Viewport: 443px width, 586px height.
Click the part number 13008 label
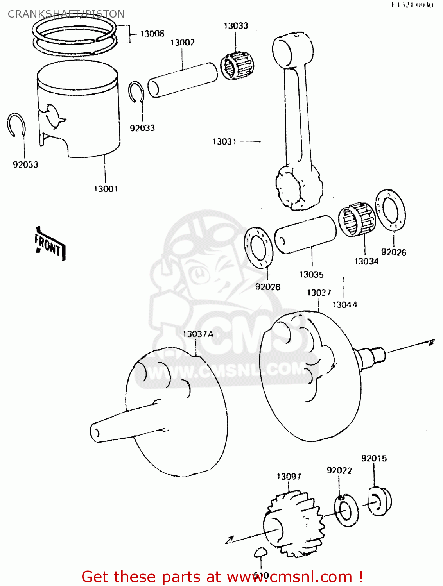(x=152, y=34)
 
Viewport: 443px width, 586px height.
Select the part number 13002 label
(x=182, y=42)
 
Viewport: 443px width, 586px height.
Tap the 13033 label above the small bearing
(x=236, y=26)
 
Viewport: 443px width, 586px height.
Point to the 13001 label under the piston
(x=106, y=189)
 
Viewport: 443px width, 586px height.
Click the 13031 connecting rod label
(x=224, y=141)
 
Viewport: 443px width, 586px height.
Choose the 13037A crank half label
(x=198, y=334)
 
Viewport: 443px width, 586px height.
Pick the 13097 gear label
(x=289, y=477)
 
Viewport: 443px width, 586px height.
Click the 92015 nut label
(x=374, y=458)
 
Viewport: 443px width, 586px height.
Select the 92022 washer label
(x=339, y=470)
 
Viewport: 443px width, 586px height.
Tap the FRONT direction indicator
(x=49, y=245)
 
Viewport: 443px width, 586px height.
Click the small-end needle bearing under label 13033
(x=236, y=66)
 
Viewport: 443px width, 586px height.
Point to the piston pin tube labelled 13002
(x=183, y=80)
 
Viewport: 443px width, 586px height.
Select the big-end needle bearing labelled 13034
(x=356, y=220)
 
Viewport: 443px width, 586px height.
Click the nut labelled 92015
(x=379, y=502)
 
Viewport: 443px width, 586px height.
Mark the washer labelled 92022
(x=346, y=510)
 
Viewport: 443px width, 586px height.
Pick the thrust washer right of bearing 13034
(x=390, y=210)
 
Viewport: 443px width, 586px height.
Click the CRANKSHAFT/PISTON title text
(x=66, y=14)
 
